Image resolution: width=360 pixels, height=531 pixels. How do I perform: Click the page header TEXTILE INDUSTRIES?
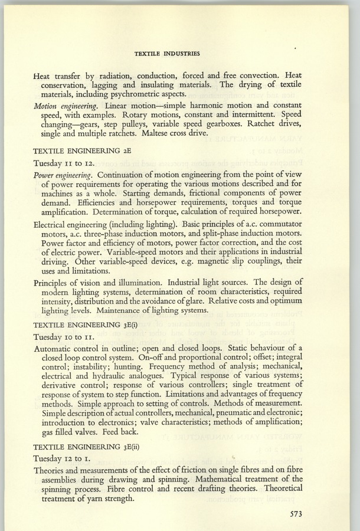click(167, 53)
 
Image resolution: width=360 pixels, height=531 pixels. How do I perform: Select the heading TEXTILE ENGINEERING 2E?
click(86, 150)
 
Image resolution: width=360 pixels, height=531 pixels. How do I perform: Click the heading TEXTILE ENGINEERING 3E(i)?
click(88, 325)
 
